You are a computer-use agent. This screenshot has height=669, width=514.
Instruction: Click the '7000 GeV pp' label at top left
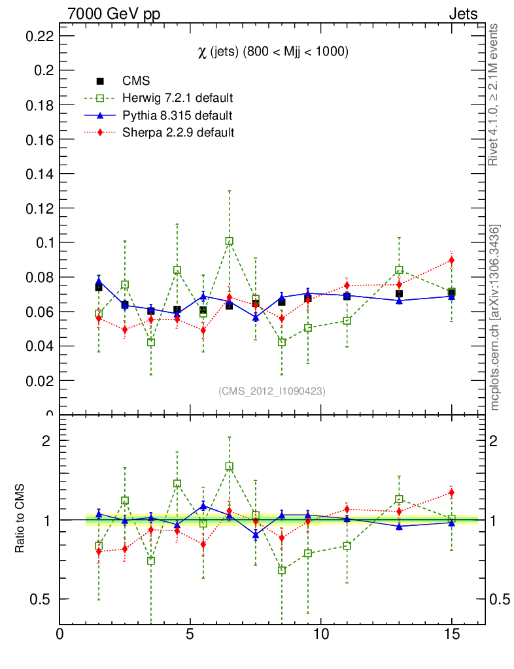point(114,14)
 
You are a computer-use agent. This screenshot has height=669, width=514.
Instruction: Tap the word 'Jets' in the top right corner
point(462,14)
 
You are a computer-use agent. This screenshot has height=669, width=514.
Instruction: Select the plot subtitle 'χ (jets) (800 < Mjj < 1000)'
point(273,52)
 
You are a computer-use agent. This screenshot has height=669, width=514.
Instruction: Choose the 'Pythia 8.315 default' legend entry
point(177,116)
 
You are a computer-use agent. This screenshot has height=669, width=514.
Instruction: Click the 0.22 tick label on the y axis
point(39,37)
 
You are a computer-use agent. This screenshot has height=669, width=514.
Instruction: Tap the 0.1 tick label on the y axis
point(44,243)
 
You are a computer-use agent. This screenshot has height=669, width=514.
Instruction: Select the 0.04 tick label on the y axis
point(39,346)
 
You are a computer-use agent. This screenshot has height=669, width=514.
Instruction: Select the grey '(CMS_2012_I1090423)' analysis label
point(272,391)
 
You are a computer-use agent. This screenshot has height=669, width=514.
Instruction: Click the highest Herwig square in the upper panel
point(230,241)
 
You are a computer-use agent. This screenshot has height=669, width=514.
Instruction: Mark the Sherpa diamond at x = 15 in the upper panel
point(451,261)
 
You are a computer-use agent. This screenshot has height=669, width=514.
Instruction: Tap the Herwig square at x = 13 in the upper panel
point(399,270)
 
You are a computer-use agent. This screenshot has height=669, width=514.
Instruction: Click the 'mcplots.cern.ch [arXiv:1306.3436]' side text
point(495,318)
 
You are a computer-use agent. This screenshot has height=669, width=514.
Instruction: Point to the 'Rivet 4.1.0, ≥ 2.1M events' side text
point(494,95)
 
